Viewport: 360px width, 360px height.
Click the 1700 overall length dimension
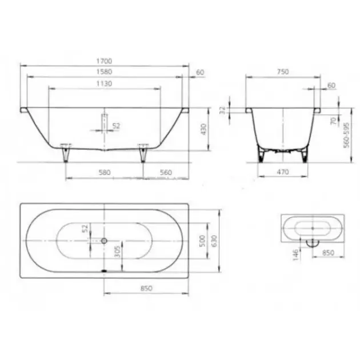click(104, 61)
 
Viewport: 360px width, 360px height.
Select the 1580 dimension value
click(104, 72)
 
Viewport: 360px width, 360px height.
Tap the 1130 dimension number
click(104, 83)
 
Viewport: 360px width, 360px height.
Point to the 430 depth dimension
click(203, 129)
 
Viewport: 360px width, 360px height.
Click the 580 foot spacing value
click(105, 173)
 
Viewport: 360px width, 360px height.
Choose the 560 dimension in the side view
click(166, 173)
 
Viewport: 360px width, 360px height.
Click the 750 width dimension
click(283, 72)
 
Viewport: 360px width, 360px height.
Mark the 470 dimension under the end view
click(283, 172)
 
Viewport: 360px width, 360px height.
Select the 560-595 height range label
click(346, 135)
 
